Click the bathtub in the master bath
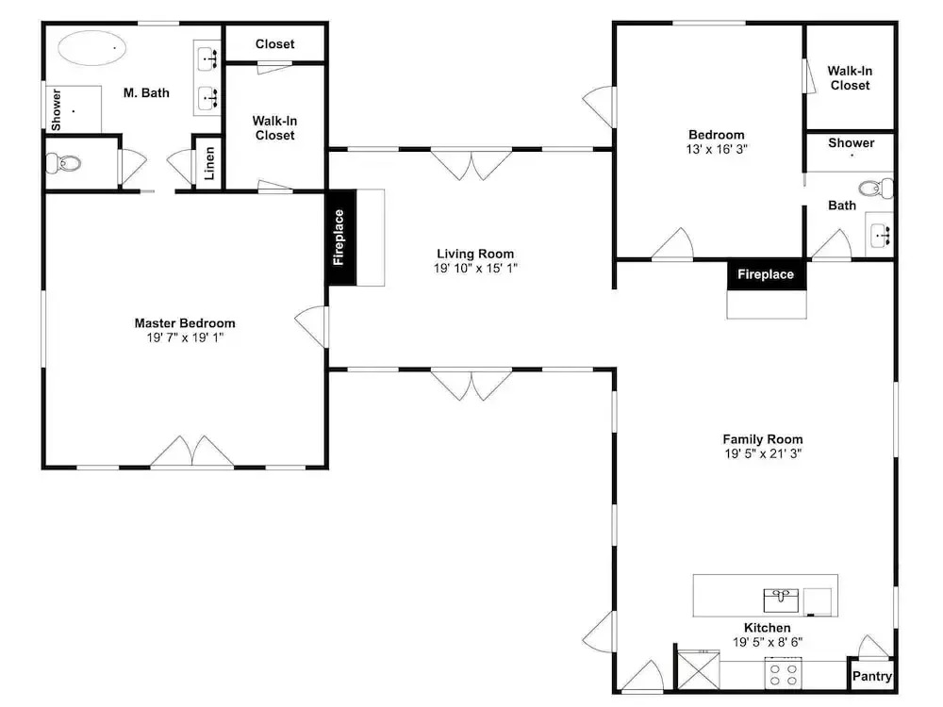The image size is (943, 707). (x=92, y=47)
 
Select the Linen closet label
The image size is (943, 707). (x=208, y=163)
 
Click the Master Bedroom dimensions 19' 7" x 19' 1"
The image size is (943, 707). (x=185, y=337)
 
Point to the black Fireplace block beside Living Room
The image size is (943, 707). (x=341, y=238)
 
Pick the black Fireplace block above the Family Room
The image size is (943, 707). (x=766, y=274)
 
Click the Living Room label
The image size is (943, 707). (x=475, y=254)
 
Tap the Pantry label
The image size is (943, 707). (x=871, y=676)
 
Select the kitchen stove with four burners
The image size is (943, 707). (x=783, y=673)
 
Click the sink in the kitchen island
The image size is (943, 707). (x=781, y=600)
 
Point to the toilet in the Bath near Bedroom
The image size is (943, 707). (x=876, y=189)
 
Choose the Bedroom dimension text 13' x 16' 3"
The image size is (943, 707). (x=717, y=149)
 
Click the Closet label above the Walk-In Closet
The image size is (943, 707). (x=274, y=44)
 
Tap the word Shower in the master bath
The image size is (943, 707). (x=56, y=109)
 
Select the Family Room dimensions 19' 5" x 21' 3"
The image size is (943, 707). (x=763, y=454)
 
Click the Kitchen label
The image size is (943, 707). (x=767, y=628)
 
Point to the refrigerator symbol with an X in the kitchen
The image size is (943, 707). (x=698, y=669)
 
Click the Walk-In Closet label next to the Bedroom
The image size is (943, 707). (x=850, y=78)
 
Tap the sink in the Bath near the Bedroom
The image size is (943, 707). (x=880, y=234)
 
